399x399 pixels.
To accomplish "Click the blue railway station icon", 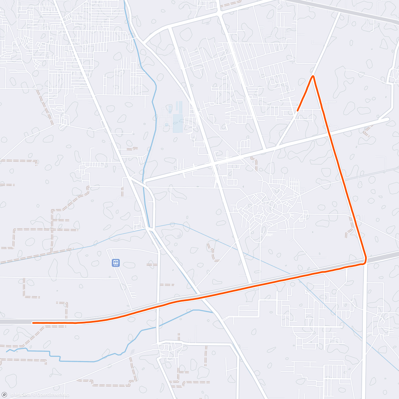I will click(x=115, y=263).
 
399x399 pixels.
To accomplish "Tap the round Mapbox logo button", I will click(x=4, y=395).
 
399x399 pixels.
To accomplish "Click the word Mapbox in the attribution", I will click(x=23, y=395).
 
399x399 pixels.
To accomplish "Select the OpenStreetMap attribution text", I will click(x=53, y=395).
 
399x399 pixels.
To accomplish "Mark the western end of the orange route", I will click(x=33, y=323).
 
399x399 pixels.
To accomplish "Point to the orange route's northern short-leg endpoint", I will click(x=298, y=110).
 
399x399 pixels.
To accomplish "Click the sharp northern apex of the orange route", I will click(x=313, y=76).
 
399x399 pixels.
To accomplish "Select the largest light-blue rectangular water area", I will click(x=178, y=123).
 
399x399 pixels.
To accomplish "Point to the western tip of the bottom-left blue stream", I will click(x=6, y=351).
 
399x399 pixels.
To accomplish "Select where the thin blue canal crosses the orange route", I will click(x=298, y=279).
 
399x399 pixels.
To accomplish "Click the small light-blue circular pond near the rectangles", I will click(x=166, y=125).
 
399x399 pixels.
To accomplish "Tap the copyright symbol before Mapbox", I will click(x=12, y=395).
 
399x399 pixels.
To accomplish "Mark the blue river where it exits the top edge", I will click(x=125, y=1).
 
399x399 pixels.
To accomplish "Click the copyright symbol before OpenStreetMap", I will click(x=34, y=395).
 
